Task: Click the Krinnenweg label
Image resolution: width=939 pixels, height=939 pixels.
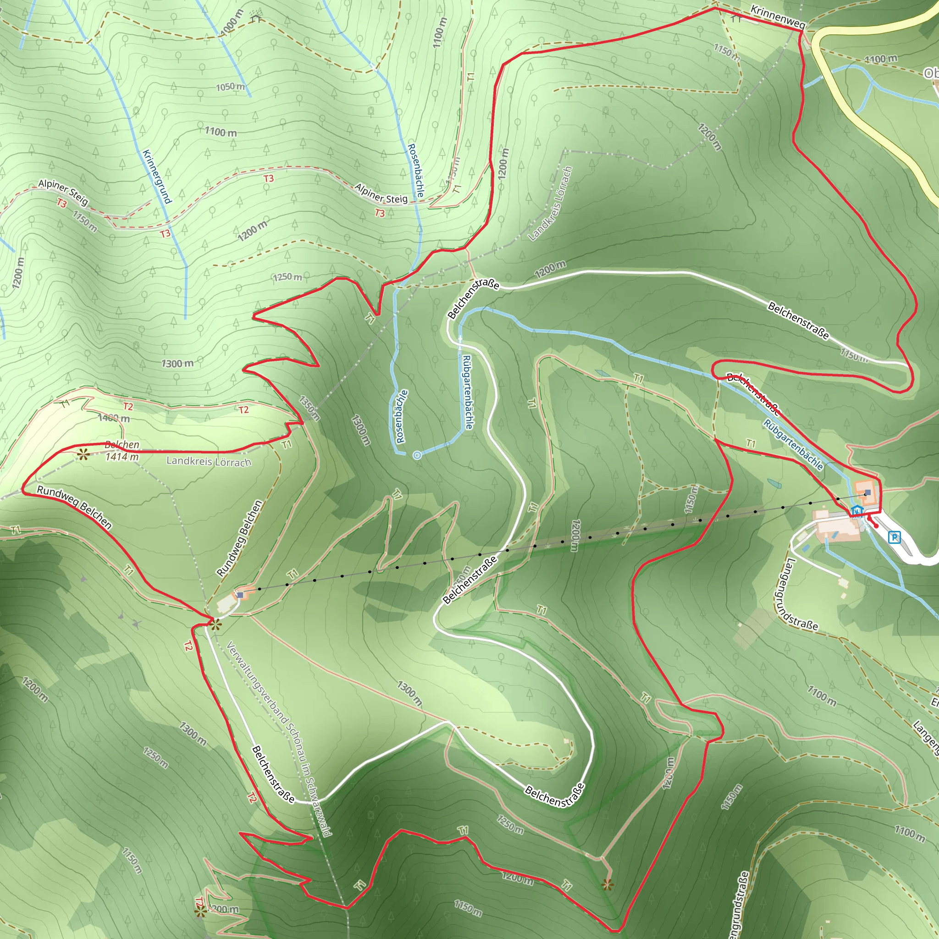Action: [x=778, y=17]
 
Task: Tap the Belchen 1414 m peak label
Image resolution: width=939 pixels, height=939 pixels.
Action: [x=122, y=451]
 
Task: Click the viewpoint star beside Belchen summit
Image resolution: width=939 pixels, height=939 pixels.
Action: [x=83, y=455]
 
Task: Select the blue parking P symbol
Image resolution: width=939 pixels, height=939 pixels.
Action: [x=894, y=537]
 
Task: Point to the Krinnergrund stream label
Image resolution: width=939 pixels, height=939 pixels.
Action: [x=157, y=177]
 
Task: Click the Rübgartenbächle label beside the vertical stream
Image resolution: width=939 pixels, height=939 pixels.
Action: [x=467, y=392]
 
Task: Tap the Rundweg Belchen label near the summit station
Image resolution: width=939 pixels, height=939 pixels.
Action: [x=240, y=538]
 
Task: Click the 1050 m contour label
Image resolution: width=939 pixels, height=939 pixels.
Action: [x=230, y=87]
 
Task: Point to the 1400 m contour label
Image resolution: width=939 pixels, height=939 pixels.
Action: [x=114, y=418]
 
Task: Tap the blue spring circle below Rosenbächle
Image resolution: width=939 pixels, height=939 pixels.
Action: [x=416, y=455]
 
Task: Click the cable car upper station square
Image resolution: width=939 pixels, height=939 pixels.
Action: [x=240, y=594]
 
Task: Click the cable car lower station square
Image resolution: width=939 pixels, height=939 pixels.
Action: [x=867, y=493]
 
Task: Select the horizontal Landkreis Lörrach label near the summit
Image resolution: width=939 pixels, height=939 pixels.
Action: [x=209, y=461]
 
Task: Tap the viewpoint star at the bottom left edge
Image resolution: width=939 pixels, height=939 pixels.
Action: [x=200, y=912]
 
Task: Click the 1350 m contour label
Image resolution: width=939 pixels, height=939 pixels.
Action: [x=309, y=408]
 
